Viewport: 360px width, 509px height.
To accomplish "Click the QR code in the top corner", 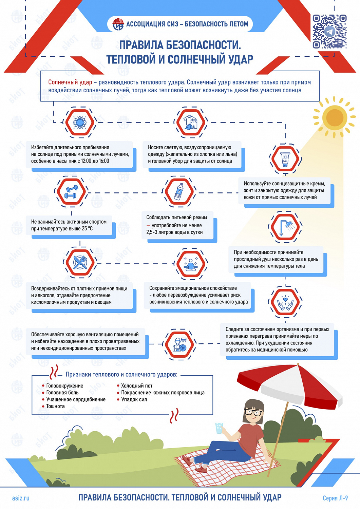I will [x=329, y=32].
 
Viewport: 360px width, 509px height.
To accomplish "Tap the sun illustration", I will [x=335, y=118].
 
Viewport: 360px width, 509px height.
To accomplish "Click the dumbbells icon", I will [x=71, y=192].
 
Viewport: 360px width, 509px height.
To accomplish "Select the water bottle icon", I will [x=179, y=191].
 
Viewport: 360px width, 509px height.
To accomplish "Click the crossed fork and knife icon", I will [x=80, y=262].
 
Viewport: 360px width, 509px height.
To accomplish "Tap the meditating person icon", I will [x=191, y=263].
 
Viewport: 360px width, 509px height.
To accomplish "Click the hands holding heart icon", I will [x=285, y=302].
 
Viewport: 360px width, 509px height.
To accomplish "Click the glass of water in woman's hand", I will [x=219, y=428].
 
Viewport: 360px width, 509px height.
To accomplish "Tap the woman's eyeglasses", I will [x=253, y=413].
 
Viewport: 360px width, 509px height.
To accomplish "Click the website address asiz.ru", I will [x=21, y=498].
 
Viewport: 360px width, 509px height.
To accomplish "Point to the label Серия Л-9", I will [x=335, y=498].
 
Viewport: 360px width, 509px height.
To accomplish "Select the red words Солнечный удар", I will [x=70, y=82].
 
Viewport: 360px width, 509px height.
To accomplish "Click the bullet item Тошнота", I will [x=55, y=406].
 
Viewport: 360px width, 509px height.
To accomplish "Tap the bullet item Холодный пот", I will [x=137, y=386].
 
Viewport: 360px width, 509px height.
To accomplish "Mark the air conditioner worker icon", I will [x=179, y=344].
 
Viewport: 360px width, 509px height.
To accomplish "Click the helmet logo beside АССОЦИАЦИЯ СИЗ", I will [x=118, y=24].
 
